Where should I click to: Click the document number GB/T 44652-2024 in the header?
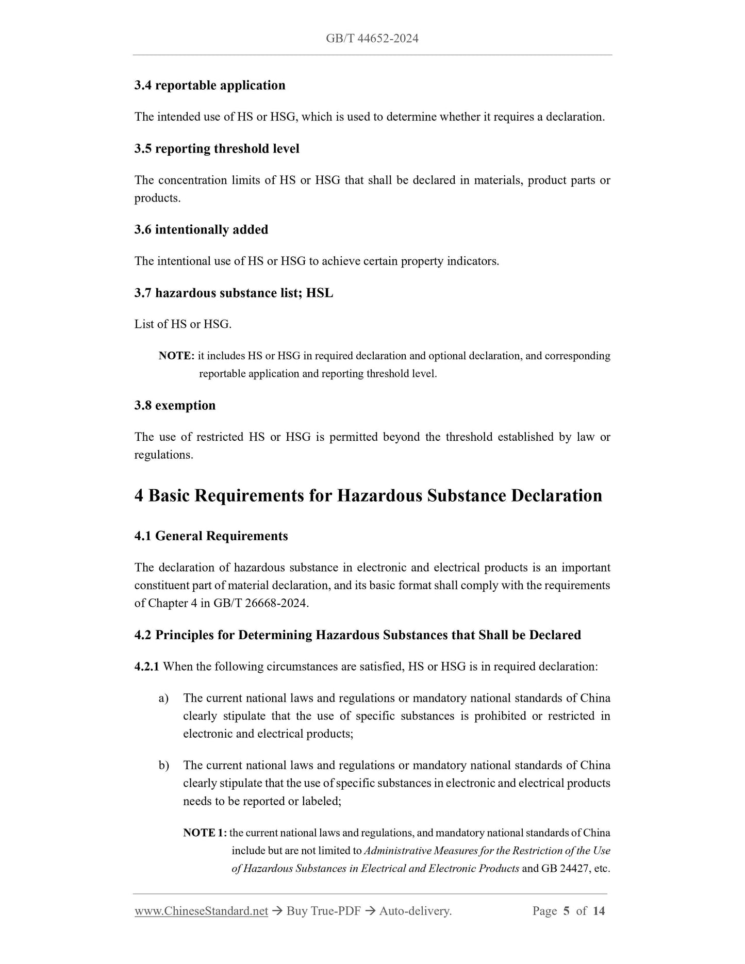[372, 39]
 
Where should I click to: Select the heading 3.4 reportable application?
[210, 86]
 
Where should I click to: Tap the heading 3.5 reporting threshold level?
[217, 149]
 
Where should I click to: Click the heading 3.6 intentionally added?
[201, 230]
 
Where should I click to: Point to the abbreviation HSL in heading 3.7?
[320, 293]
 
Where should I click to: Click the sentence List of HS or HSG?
[183, 324]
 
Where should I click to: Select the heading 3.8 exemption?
[175, 406]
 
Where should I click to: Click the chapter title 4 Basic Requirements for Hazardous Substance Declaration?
[368, 496]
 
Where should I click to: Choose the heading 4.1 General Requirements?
[211, 537]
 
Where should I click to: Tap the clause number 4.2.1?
[147, 667]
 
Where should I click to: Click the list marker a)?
[163, 699]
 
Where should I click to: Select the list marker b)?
[163, 766]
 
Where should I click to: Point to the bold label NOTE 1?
[205, 833]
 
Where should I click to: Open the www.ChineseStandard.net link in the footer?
[201, 911]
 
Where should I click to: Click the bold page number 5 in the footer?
[566, 911]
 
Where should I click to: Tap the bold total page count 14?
[599, 911]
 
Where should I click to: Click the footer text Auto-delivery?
[415, 911]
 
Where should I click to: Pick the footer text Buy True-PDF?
[323, 911]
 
